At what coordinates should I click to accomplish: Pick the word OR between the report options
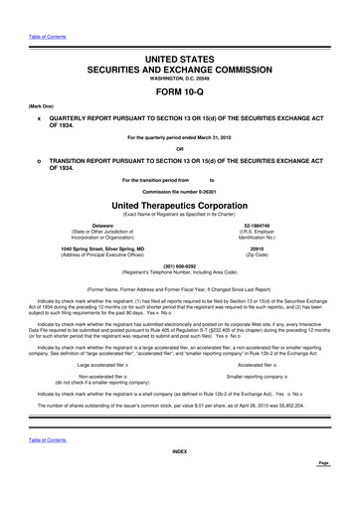pos(180,151)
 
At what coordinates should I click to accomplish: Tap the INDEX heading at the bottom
pos(180,480)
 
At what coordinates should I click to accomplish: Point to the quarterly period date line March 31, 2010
pos(180,137)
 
